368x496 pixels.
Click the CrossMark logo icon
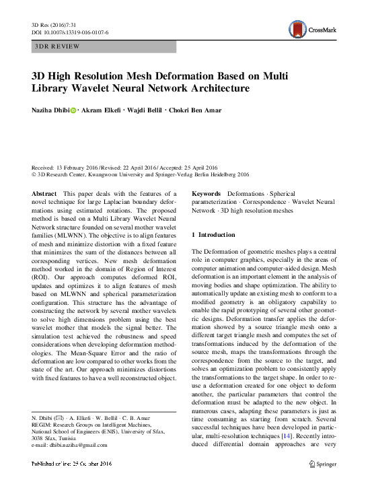coord(297,28)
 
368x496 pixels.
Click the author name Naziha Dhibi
coord(50,110)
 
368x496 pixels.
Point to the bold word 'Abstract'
coord(44,193)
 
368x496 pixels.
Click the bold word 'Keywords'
coord(208,193)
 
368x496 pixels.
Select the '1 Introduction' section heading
coord(214,235)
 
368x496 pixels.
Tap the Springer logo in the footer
coord(322,464)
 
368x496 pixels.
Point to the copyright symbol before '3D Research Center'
coord(35,174)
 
